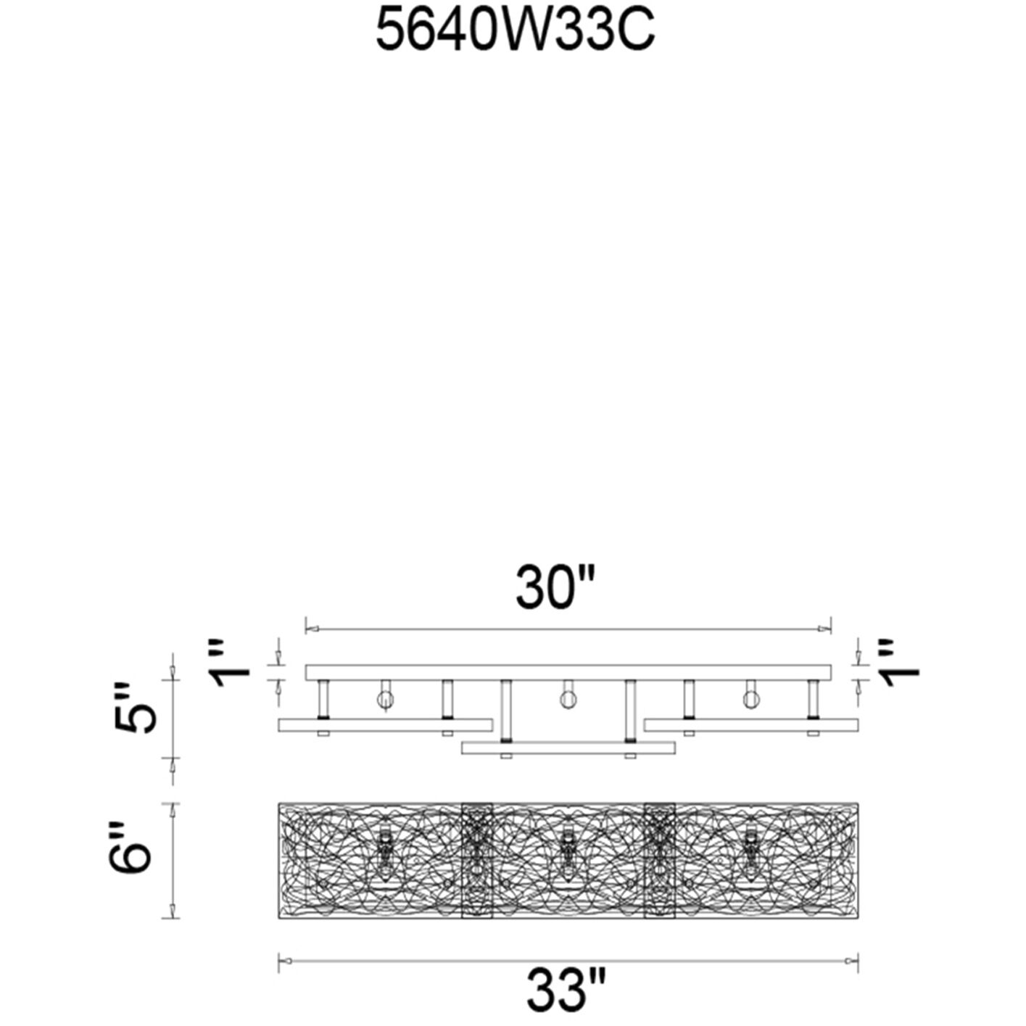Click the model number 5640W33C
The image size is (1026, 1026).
point(515,31)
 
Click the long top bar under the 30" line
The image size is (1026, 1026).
point(568,672)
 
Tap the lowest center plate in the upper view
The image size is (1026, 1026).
point(568,748)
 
